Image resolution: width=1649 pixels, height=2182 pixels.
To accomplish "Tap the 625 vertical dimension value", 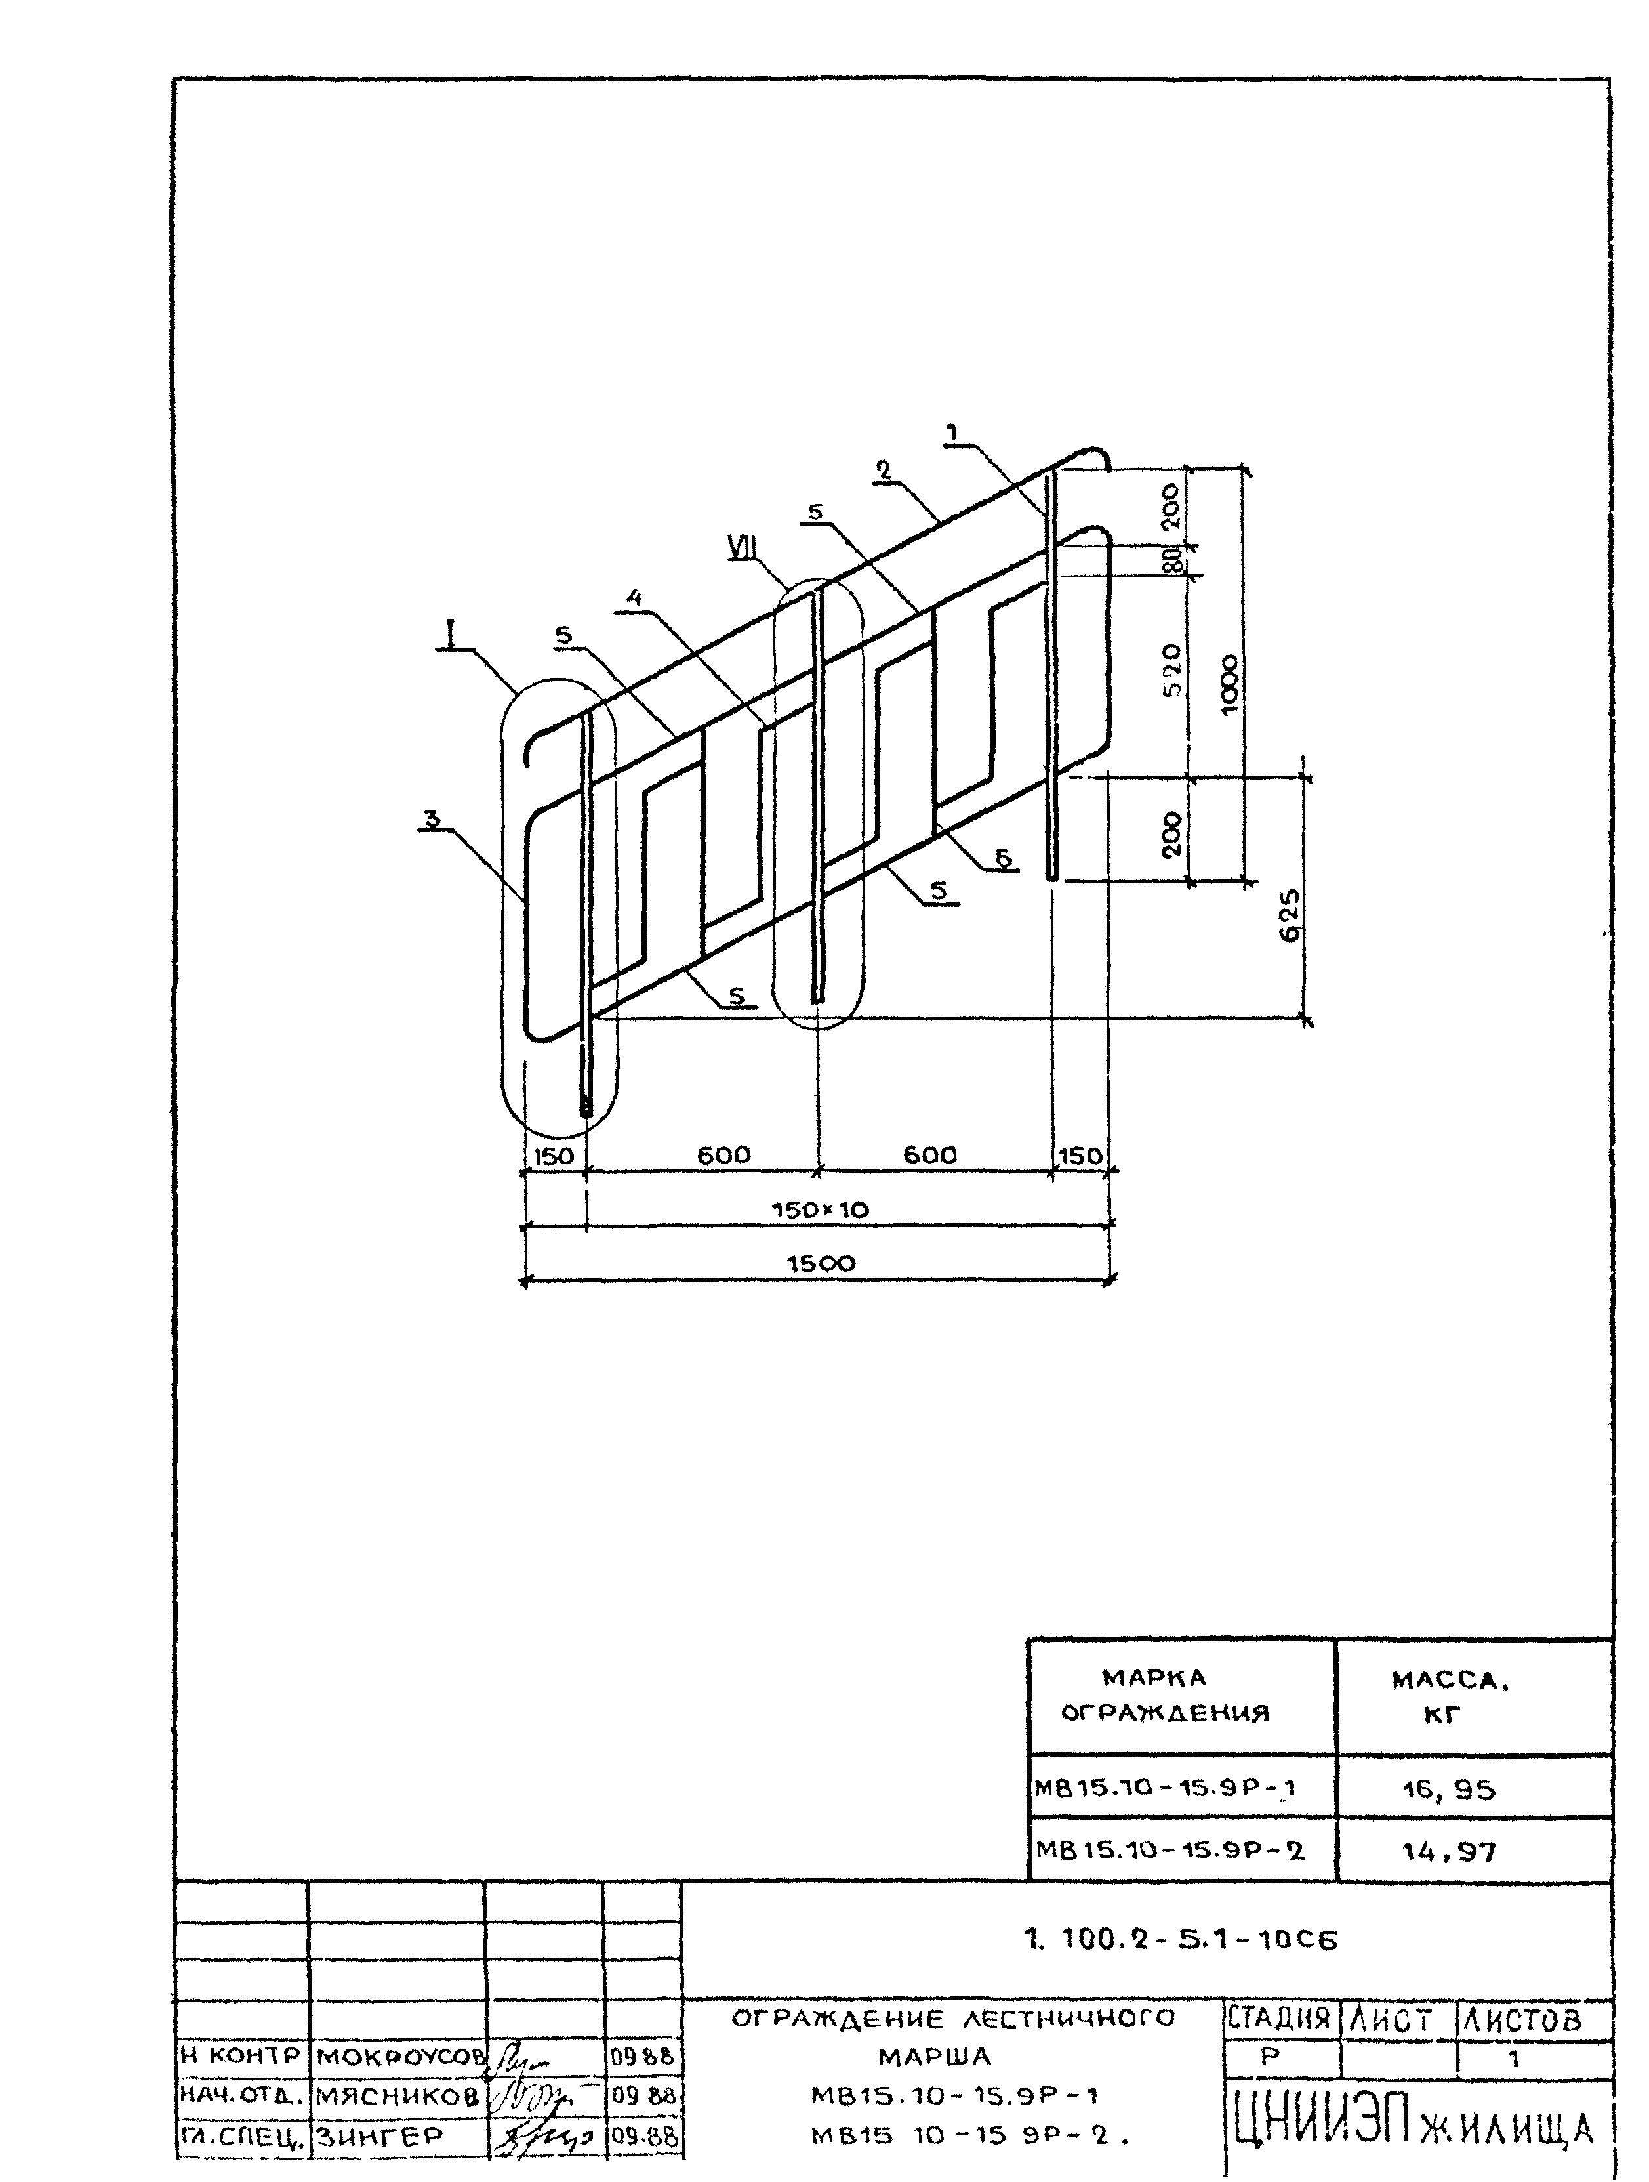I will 1289,915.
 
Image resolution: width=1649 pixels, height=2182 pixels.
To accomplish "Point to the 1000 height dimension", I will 1229,684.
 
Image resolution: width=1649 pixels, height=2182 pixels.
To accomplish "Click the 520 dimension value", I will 1171,670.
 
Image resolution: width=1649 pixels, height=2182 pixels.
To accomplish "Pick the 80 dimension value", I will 1173,560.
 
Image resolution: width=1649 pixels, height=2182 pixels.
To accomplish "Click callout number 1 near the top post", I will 952,431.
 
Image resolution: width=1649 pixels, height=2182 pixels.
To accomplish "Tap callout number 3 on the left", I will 431,817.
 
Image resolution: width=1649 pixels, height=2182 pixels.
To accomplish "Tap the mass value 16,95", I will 1449,1790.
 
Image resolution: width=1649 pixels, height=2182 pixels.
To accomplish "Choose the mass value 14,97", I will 1449,1851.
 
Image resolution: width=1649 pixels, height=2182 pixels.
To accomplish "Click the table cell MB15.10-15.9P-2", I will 1170,1851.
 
